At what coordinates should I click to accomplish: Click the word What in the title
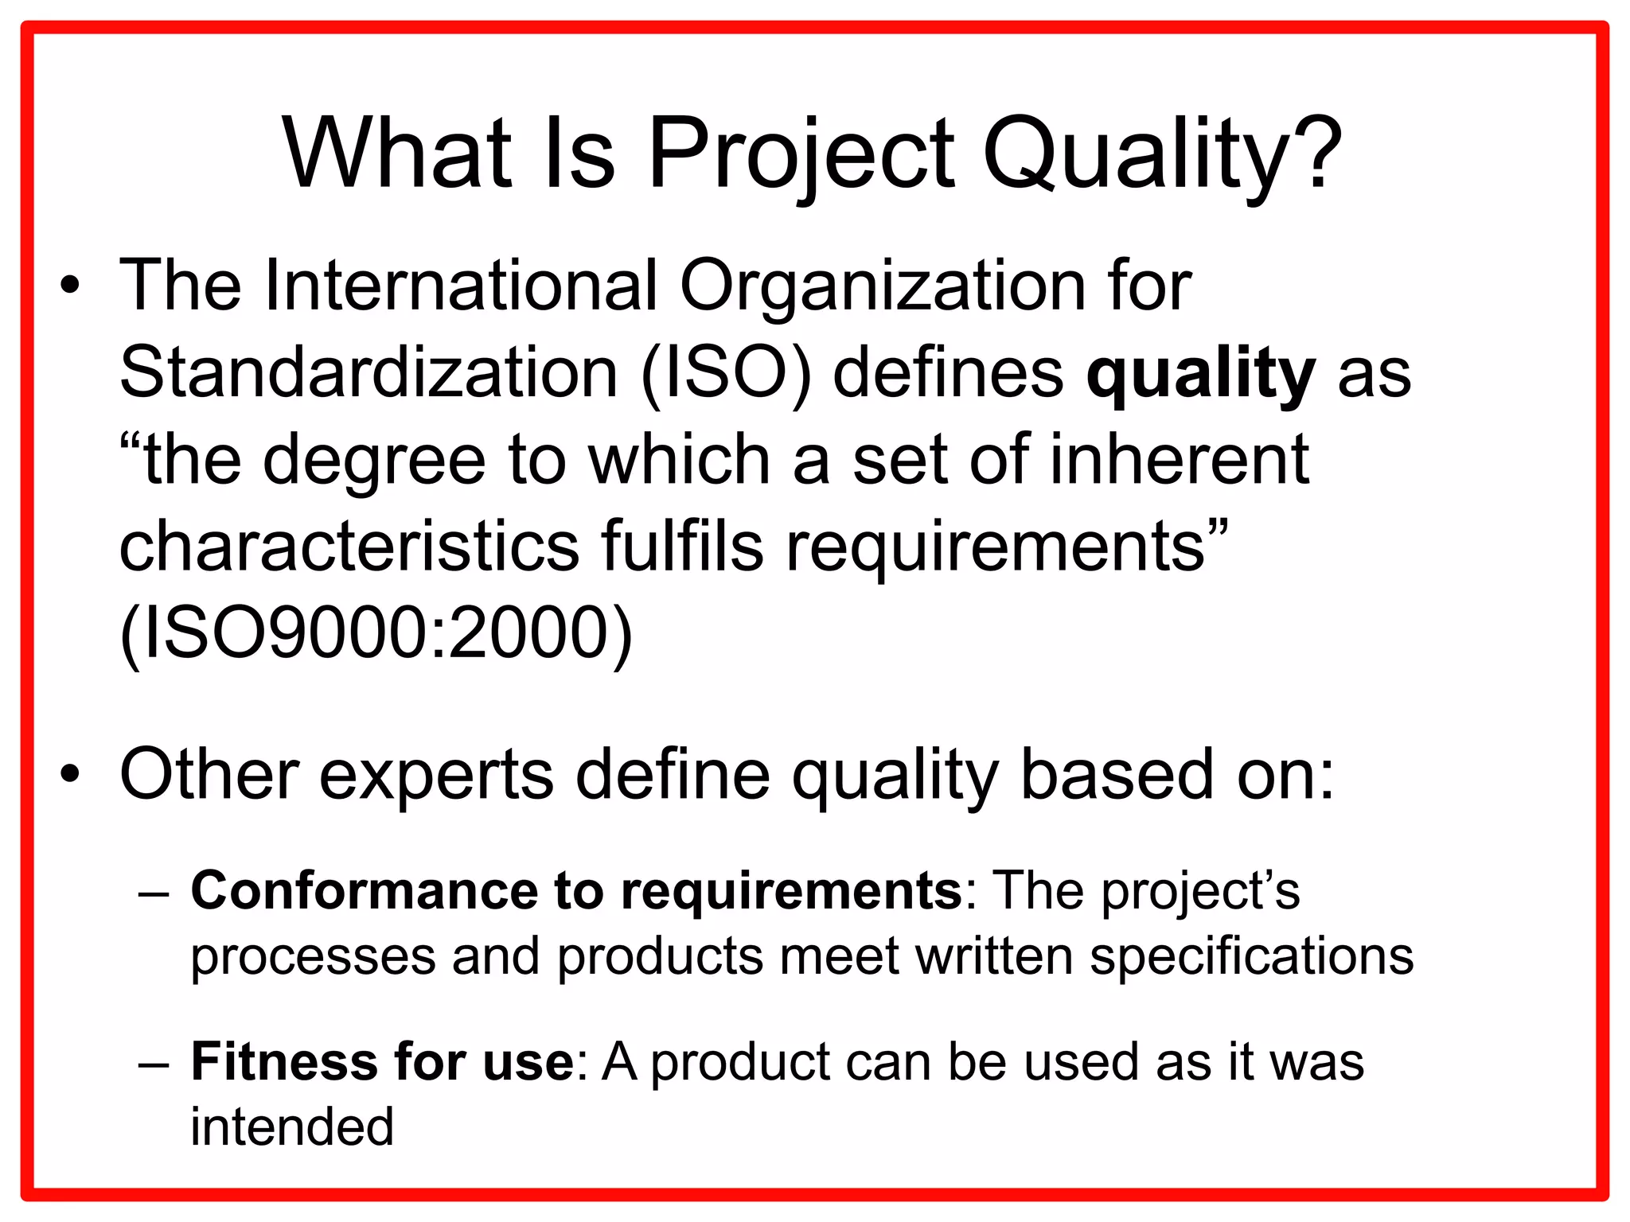click(x=396, y=153)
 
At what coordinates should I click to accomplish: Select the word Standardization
click(x=369, y=373)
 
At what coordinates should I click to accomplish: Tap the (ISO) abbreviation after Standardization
click(x=726, y=373)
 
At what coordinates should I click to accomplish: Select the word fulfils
click(x=682, y=547)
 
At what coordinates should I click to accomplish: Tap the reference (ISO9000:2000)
click(x=376, y=634)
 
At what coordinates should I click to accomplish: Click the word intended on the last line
click(x=292, y=1127)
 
